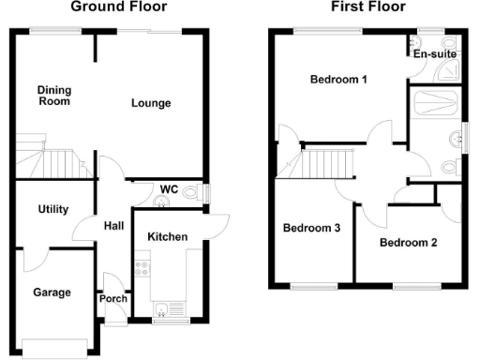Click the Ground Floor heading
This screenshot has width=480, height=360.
coord(119,7)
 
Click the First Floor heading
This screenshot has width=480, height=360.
coord(367,7)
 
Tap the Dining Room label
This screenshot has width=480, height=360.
coord(54,96)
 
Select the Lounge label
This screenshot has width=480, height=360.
coord(151,102)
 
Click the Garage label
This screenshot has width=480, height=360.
coord(52,292)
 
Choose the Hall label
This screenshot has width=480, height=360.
coord(113,226)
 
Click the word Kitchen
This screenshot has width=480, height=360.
coord(168,236)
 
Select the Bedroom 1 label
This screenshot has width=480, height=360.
coord(338,80)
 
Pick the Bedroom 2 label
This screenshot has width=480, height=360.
coord(409,242)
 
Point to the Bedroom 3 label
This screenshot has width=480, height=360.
coord(311,228)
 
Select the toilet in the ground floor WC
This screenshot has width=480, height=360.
coord(192,194)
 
